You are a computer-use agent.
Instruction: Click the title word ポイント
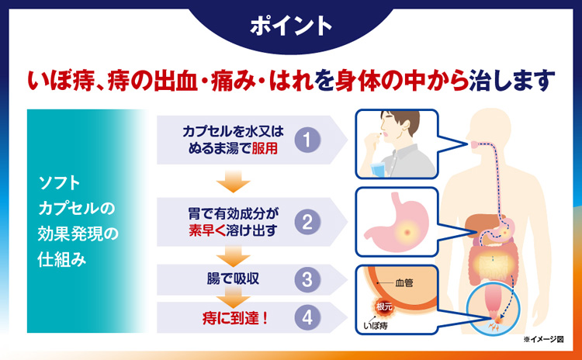tap(291, 26)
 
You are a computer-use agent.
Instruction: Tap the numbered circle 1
tap(307, 140)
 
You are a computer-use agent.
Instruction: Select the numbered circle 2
tap(307, 222)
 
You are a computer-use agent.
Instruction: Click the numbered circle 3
tap(307, 279)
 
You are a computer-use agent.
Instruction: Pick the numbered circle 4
tap(307, 317)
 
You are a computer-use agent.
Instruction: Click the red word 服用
tap(265, 148)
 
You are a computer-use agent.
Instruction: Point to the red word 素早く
tap(203, 230)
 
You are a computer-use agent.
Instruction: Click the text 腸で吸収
tap(233, 279)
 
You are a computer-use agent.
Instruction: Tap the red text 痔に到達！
tap(235, 318)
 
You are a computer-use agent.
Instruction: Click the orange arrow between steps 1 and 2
tap(233, 182)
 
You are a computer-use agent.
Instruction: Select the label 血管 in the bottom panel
tap(404, 283)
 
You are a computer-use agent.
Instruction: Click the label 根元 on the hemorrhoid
tap(384, 307)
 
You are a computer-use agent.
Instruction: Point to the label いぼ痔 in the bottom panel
tap(376, 327)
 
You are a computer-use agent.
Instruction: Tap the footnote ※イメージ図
tap(543, 339)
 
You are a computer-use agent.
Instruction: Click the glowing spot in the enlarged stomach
tap(407, 233)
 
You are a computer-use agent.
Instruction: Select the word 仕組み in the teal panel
tap(62, 259)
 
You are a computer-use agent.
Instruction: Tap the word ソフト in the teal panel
tap(60, 183)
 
